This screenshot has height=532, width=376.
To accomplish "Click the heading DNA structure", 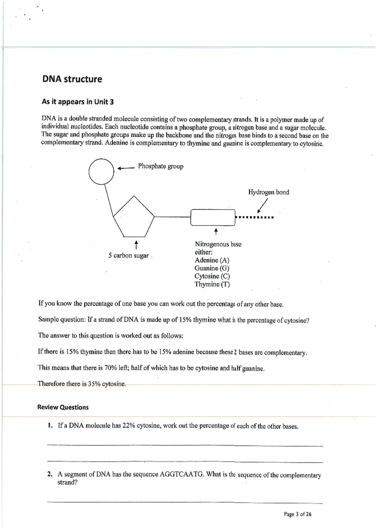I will (x=72, y=79).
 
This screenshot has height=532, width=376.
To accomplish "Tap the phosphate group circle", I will (x=101, y=171).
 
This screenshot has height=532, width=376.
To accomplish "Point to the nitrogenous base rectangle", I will (x=212, y=217).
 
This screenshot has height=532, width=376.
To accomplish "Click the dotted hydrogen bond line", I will (x=255, y=217).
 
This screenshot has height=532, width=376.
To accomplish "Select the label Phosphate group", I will (x=160, y=166).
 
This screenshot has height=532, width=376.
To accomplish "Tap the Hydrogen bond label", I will (x=269, y=192).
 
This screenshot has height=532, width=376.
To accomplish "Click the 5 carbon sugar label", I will (x=128, y=256).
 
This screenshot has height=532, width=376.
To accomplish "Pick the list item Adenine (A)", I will (x=212, y=260).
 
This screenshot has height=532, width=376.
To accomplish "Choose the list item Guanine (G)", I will (x=212, y=268).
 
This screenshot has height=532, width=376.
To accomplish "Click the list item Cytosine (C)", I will (x=212, y=276).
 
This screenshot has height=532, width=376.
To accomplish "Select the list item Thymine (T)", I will (x=212, y=284).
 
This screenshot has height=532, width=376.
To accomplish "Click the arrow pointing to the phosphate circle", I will (x=126, y=168).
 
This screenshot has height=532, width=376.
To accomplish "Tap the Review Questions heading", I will (x=63, y=407).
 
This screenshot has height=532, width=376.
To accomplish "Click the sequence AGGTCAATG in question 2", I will (x=182, y=474).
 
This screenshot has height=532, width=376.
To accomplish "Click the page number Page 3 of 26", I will (x=297, y=514).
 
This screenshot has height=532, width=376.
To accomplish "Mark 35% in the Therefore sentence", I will (x=94, y=384).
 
